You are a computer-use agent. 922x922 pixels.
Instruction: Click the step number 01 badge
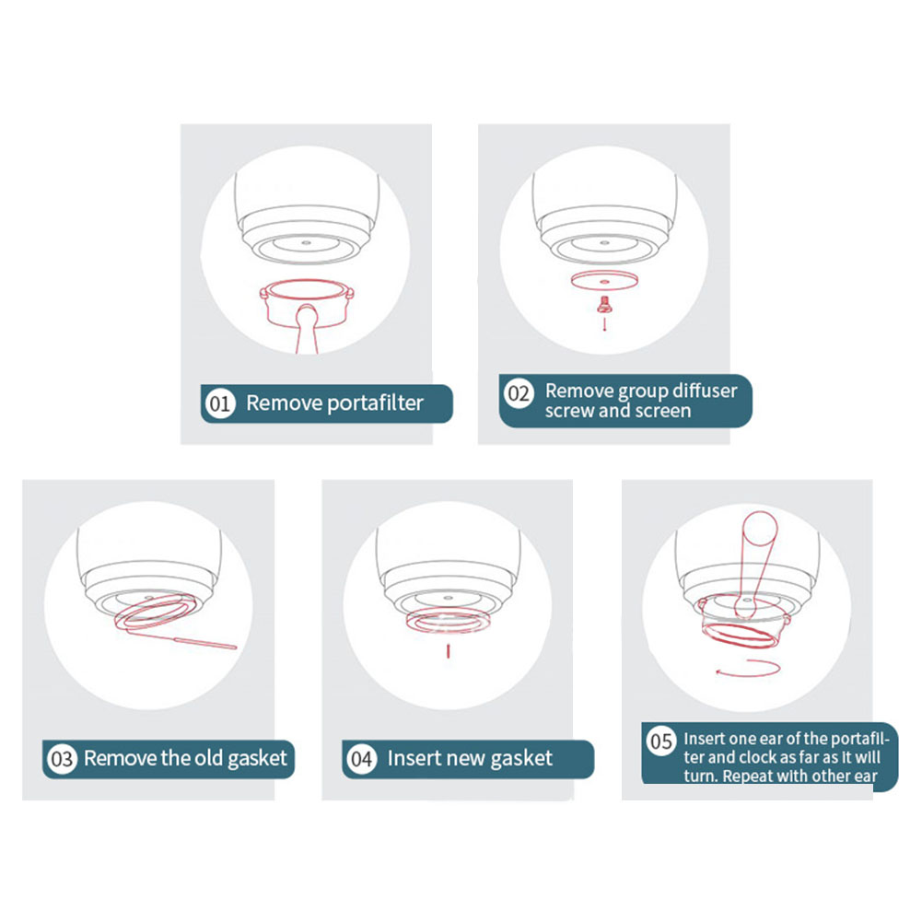click(x=220, y=403)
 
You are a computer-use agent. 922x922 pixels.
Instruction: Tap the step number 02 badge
click(x=519, y=392)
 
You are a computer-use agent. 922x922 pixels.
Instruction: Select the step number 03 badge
click(x=62, y=759)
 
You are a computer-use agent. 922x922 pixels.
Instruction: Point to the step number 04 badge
click(x=362, y=759)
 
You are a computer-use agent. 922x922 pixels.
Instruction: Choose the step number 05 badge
click(x=661, y=741)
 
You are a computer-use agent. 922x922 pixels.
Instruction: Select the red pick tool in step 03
click(x=205, y=643)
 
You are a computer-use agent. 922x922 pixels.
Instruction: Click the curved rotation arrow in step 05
click(x=748, y=669)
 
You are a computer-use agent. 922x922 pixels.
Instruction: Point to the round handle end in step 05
click(x=760, y=528)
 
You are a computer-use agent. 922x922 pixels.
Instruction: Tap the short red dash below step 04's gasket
click(x=448, y=651)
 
